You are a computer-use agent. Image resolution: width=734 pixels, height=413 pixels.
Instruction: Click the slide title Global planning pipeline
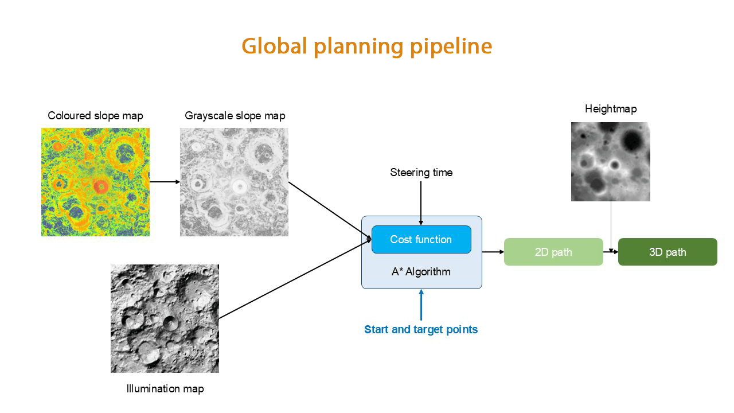click(366, 46)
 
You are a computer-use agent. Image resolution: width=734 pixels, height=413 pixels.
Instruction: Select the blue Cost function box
click(421, 239)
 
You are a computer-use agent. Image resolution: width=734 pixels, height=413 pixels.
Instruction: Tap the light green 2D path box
click(553, 252)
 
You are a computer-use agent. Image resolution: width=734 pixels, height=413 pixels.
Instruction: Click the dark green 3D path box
click(667, 252)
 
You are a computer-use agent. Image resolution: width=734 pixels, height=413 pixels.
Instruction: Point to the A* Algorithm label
click(421, 272)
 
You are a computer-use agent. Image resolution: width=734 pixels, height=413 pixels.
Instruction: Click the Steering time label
click(421, 173)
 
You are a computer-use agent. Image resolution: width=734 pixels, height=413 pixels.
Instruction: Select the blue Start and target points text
click(421, 330)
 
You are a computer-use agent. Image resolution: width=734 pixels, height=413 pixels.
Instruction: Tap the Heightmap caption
click(611, 109)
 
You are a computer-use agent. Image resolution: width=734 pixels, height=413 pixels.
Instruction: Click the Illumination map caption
click(165, 389)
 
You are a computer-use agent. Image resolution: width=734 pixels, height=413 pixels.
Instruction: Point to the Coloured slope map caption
click(95, 116)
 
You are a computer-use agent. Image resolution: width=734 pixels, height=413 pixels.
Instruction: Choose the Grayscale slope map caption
click(235, 116)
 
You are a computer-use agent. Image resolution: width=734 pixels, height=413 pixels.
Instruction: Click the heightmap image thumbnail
click(611, 162)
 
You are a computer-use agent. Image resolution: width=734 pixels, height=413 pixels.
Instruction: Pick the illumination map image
click(165, 318)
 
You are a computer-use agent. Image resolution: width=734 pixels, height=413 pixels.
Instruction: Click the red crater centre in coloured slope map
click(101, 186)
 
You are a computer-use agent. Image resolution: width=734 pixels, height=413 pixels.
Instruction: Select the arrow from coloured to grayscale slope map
click(165, 182)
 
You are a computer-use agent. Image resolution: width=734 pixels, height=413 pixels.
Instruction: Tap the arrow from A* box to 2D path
click(493, 252)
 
